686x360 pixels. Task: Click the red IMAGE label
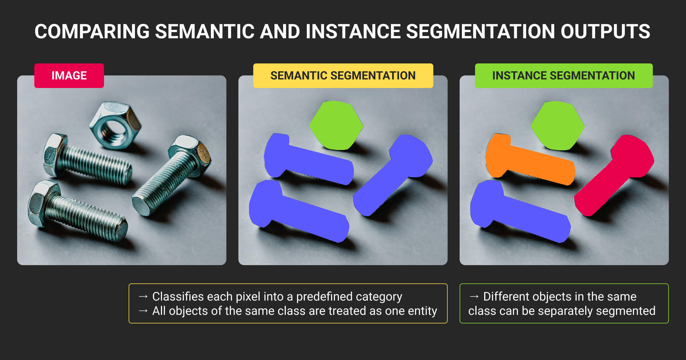pyautogui.click(x=69, y=76)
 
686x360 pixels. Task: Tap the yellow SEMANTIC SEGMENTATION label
pyautogui.click(x=343, y=76)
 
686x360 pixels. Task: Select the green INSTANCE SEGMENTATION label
pyautogui.click(x=564, y=76)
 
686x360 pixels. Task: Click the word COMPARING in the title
pyautogui.click(x=92, y=31)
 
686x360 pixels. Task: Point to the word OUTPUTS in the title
pyautogui.click(x=605, y=31)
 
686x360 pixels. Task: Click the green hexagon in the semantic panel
pyautogui.click(x=336, y=125)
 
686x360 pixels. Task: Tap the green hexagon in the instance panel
pyautogui.click(x=558, y=125)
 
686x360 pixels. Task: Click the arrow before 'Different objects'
pyautogui.click(x=474, y=297)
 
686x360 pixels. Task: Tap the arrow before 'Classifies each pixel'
pyautogui.click(x=143, y=297)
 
